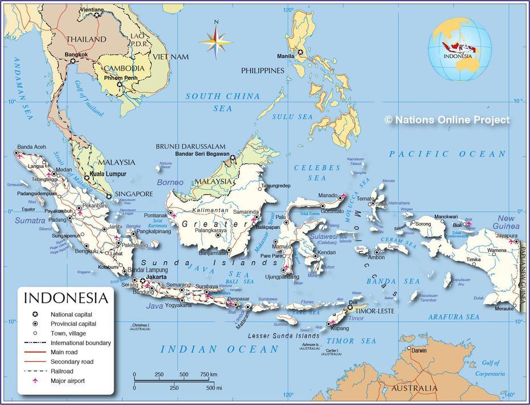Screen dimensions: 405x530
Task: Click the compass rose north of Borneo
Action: [216, 41]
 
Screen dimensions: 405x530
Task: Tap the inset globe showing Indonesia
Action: [459, 50]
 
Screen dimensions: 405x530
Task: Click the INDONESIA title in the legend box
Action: [65, 298]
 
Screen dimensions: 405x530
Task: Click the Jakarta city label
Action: [156, 277]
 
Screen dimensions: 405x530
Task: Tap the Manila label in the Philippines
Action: [286, 56]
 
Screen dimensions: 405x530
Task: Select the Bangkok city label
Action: [76, 55]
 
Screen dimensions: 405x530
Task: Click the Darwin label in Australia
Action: [419, 350]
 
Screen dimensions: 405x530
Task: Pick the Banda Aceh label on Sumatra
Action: [31, 146]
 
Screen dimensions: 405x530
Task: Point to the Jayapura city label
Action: [505, 235]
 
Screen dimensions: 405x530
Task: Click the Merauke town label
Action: [504, 309]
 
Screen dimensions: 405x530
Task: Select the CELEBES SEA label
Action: [317, 173]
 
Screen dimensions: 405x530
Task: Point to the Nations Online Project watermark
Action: [447, 120]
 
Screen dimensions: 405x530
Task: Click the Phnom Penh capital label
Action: [120, 77]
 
